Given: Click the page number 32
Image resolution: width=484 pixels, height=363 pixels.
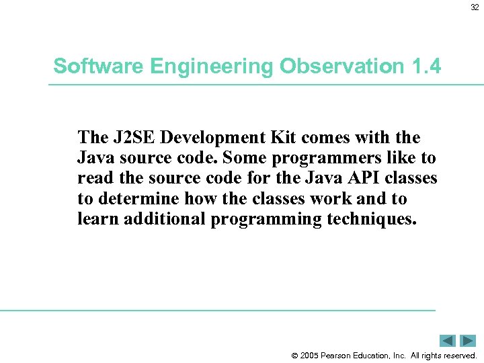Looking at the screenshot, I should coord(475,8).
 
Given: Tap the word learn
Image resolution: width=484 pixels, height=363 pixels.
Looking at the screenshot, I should coord(95,219).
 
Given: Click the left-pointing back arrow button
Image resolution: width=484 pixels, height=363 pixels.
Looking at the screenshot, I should coord(448,341).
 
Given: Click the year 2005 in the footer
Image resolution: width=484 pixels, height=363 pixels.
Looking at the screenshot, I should coord(310,356).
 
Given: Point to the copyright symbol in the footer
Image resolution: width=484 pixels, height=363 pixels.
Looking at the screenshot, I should coord(294,356).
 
